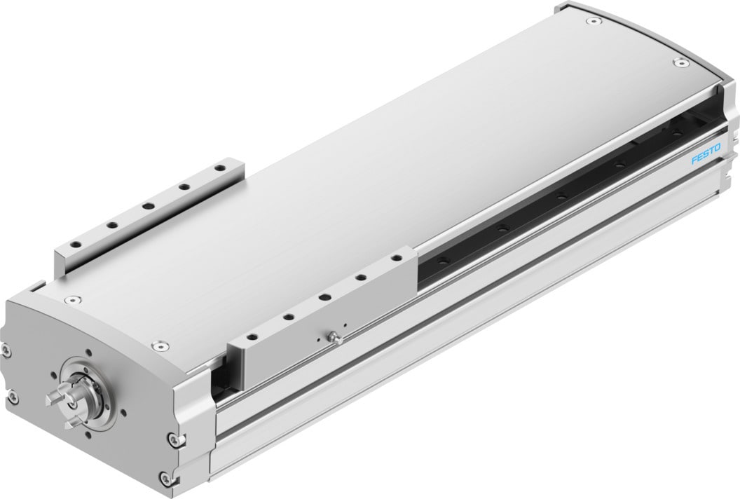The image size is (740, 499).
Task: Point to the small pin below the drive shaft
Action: pyautogui.click(x=69, y=423)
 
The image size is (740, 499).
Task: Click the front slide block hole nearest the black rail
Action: pyautogui.click(x=397, y=260)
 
